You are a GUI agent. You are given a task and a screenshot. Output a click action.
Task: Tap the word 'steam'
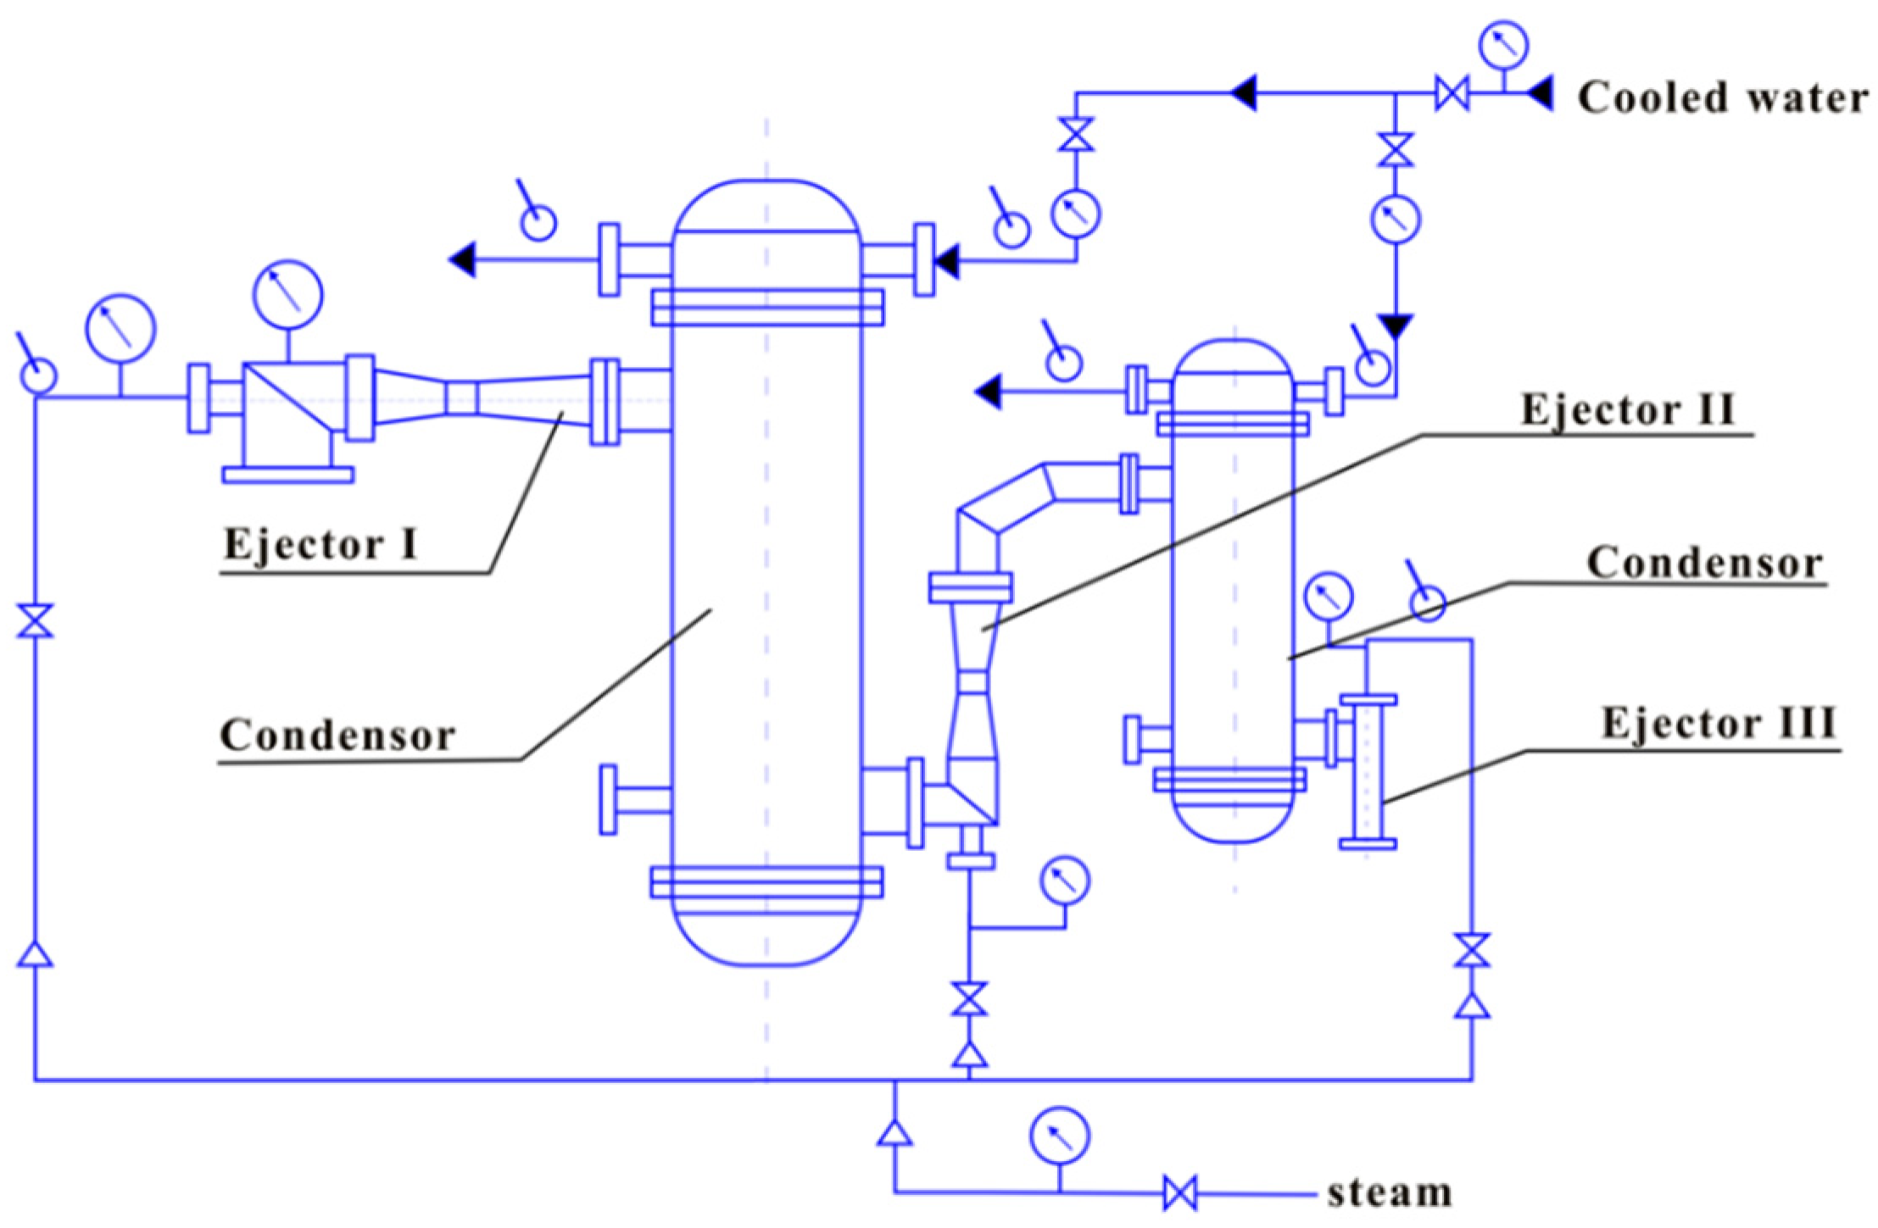(1389, 1193)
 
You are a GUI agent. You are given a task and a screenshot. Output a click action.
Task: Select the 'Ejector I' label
(320, 544)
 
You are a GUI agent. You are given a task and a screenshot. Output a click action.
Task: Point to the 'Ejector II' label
(1628, 411)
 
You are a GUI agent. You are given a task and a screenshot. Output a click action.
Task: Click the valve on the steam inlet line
(1179, 1193)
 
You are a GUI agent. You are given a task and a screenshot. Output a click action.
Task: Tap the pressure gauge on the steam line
(1060, 1136)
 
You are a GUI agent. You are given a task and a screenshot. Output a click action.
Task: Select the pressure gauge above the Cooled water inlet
(1504, 45)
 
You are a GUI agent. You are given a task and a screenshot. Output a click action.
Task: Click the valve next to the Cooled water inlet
(1452, 93)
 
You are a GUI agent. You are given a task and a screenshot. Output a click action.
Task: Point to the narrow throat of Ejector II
(973, 683)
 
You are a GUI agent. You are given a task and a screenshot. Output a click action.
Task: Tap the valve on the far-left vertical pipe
(36, 620)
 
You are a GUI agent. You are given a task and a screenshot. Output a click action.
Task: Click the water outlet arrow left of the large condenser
(463, 259)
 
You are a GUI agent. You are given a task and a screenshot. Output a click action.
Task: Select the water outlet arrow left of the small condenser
(988, 392)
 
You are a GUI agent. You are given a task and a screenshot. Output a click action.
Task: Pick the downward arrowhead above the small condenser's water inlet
(1395, 326)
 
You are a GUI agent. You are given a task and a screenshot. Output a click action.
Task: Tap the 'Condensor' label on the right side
(1704, 564)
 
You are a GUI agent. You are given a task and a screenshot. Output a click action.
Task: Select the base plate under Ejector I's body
(287, 475)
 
